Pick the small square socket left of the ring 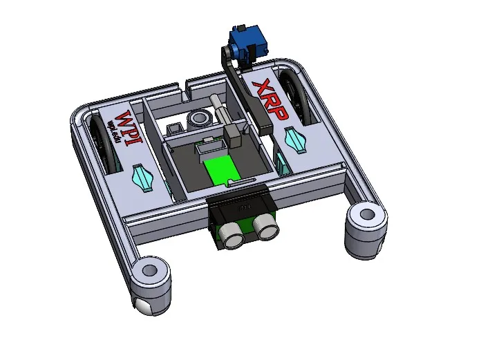[173, 128]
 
